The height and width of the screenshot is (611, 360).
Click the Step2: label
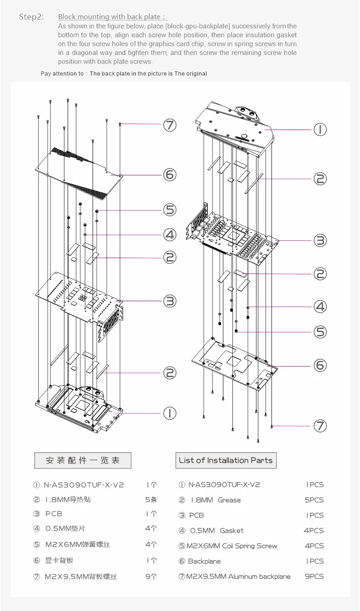pyautogui.click(x=31, y=17)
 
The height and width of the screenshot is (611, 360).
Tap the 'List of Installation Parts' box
pyautogui.click(x=226, y=460)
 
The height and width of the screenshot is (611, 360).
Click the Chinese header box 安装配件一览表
pyautogui.click(x=83, y=460)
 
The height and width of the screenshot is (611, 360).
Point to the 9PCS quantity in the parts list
pyautogui.click(x=314, y=576)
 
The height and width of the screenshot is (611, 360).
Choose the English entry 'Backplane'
pyautogui.click(x=204, y=561)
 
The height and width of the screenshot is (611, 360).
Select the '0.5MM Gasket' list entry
pyautogui.click(x=217, y=530)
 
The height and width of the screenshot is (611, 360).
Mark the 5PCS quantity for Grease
pyautogui.click(x=314, y=500)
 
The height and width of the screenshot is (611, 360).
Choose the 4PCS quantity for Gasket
pyautogui.click(x=314, y=530)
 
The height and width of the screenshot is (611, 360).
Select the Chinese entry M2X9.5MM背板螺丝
pyautogui.click(x=80, y=576)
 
